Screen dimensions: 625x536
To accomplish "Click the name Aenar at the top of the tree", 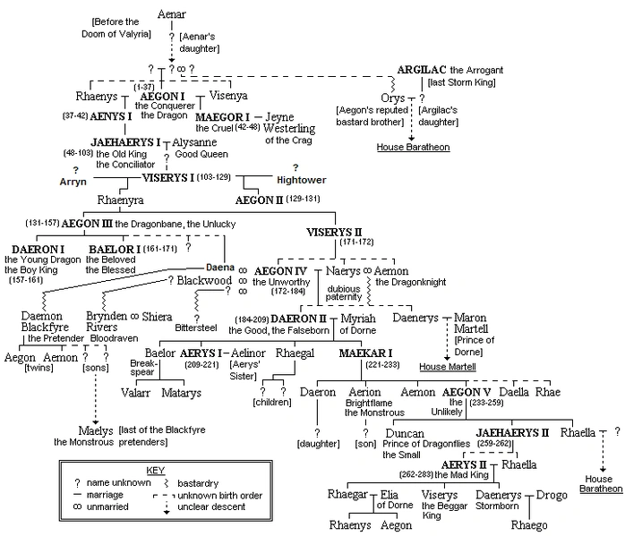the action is tap(171, 14).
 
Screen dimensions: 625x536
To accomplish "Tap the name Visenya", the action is tap(228, 96).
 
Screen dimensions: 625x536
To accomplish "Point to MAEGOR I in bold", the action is tap(222, 117).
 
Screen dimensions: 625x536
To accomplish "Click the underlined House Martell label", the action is tap(448, 367).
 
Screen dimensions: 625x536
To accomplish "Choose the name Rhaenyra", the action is tap(120, 200).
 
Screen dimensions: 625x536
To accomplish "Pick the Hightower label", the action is tap(302, 180).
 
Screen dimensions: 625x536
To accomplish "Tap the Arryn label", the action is tap(73, 182).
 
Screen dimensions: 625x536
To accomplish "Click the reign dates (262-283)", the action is tap(416, 474).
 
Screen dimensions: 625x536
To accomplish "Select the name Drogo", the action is tap(552, 495).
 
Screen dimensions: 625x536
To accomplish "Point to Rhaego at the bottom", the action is tap(529, 525).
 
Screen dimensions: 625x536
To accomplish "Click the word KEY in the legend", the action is tap(156, 471).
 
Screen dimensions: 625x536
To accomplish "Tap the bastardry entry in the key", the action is tap(198, 483).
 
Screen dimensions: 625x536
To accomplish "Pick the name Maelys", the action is tap(96, 431).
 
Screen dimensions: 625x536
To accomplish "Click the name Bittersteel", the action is tap(196, 328).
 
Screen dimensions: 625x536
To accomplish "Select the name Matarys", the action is tap(182, 393).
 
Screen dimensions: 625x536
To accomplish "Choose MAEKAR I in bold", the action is tap(365, 353).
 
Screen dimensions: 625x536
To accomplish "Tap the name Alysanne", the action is tap(194, 142).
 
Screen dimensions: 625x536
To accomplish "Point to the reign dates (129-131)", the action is tap(303, 199).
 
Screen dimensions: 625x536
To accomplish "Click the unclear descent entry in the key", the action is tap(211, 507).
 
